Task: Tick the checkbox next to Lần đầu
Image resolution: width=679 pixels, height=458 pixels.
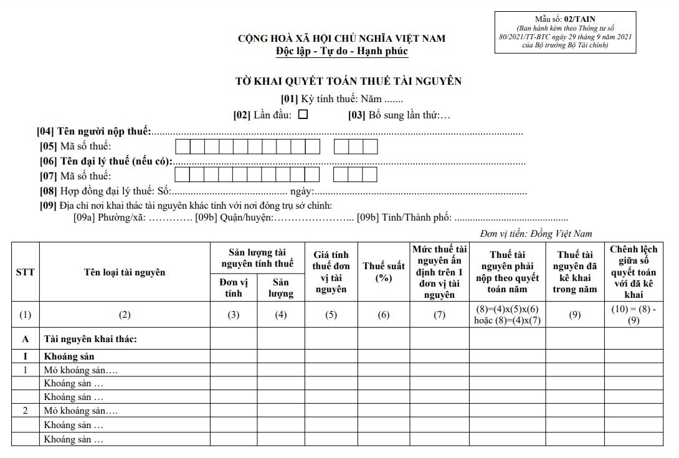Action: pyautogui.click(x=303, y=115)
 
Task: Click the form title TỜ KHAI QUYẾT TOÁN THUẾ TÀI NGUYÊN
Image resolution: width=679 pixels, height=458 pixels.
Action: pyautogui.click(x=348, y=82)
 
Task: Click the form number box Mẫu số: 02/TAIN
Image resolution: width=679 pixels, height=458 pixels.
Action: pyautogui.click(x=565, y=32)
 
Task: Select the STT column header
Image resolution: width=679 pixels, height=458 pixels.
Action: pyautogui.click(x=25, y=272)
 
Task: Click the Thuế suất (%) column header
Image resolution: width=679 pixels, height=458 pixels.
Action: pyautogui.click(x=383, y=272)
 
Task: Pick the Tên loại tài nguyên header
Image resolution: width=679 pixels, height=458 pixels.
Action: pyautogui.click(x=125, y=272)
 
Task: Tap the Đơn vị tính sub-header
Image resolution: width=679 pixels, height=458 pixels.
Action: pyautogui.click(x=234, y=287)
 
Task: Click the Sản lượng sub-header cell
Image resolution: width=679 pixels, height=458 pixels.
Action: pyautogui.click(x=281, y=287)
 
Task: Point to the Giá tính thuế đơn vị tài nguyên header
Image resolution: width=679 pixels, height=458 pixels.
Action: pyautogui.click(x=331, y=272)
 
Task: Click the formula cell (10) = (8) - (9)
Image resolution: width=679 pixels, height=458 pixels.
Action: pyautogui.click(x=633, y=315)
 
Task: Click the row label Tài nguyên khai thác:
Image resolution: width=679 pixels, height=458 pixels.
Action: pyautogui.click(x=90, y=339)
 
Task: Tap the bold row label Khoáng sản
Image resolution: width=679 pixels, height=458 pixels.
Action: pyautogui.click(x=69, y=358)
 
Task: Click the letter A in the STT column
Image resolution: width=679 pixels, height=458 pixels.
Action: pyautogui.click(x=25, y=339)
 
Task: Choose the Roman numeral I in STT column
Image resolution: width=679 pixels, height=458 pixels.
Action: pyautogui.click(x=25, y=358)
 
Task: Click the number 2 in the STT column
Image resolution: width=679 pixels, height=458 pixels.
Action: pyautogui.click(x=25, y=411)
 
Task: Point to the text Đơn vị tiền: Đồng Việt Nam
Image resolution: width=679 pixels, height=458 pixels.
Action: pyautogui.click(x=536, y=234)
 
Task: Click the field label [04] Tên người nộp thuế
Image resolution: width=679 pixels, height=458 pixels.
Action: pyautogui.click(x=94, y=131)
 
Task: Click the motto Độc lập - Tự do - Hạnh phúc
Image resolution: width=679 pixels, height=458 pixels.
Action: pyautogui.click(x=342, y=51)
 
